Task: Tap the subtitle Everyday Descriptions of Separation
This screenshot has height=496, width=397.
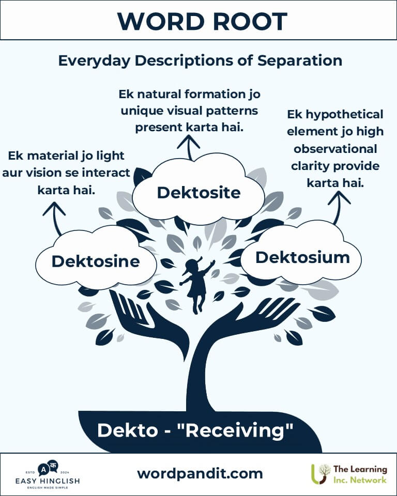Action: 200,60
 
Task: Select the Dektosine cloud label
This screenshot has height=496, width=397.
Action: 96,261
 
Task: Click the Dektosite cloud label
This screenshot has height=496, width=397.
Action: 198,193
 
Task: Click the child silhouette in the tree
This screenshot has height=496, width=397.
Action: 197,284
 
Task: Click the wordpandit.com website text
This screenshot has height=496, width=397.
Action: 200,473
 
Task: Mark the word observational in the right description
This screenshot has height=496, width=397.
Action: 335,149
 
